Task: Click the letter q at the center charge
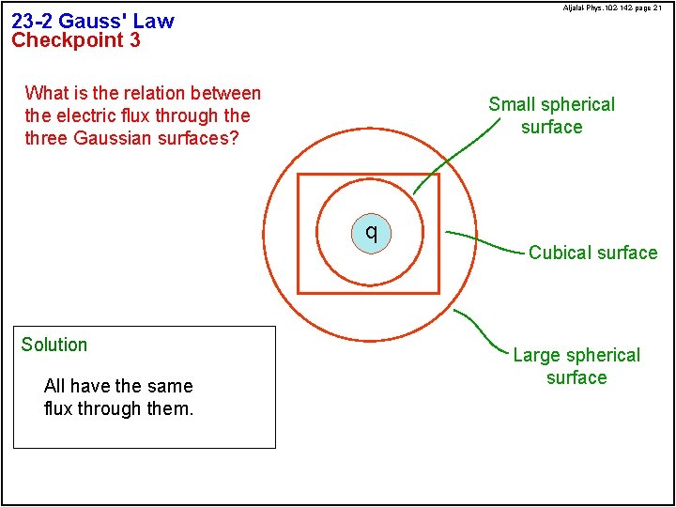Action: (372, 232)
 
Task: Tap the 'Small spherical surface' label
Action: (551, 115)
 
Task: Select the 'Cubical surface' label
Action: (592, 253)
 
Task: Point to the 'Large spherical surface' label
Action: (576, 366)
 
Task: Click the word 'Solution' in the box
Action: (54, 345)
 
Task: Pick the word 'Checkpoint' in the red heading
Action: (67, 40)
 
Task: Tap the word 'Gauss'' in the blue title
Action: (93, 21)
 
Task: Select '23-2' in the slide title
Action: (33, 21)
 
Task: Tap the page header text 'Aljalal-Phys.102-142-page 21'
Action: (612, 8)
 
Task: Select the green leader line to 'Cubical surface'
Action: (484, 240)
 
